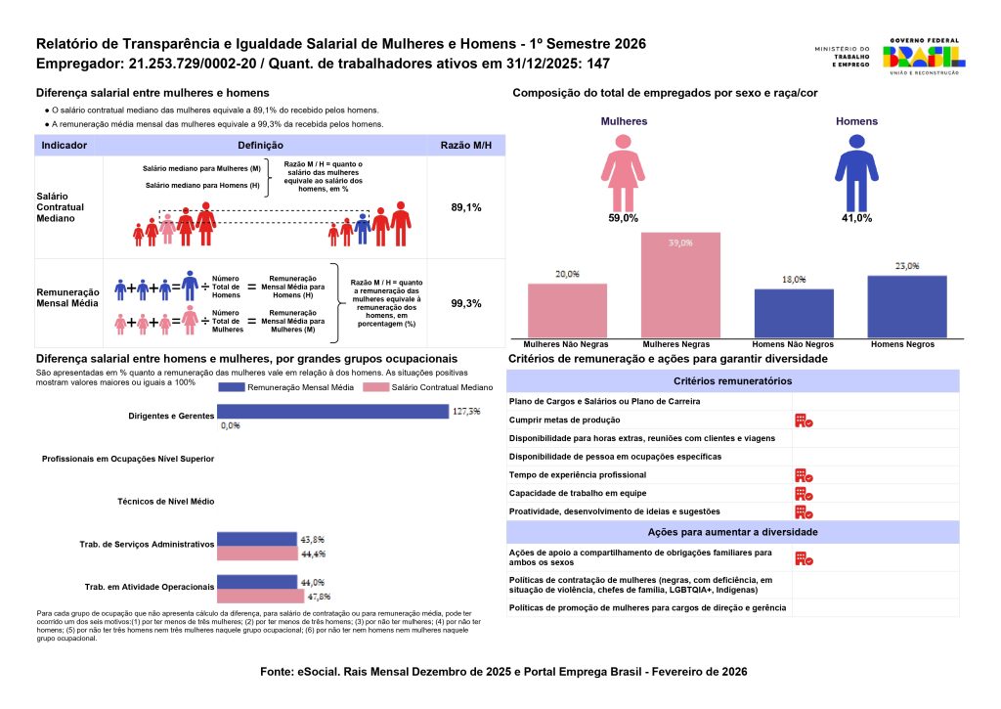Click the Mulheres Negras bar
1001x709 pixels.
point(680,285)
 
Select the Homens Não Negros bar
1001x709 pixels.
point(794,313)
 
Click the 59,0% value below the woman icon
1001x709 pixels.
point(623,218)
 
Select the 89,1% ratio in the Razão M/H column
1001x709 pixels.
point(465,207)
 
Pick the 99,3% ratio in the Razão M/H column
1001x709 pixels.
point(465,303)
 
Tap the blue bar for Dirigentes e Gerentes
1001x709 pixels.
point(332,412)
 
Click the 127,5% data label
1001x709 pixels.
point(466,412)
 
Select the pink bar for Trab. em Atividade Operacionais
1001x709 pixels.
point(256,595)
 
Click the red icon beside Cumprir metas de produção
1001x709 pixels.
point(805,421)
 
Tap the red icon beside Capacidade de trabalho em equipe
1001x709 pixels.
point(805,493)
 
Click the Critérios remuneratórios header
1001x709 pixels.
point(732,380)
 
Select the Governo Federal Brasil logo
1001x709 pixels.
point(923,57)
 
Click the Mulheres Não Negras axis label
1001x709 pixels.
point(567,345)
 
